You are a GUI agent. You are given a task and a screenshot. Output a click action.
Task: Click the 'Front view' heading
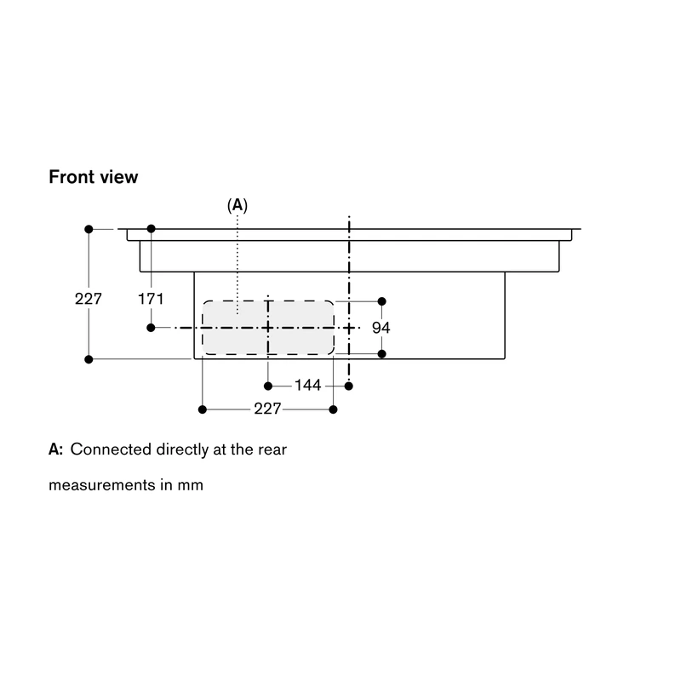tap(94, 177)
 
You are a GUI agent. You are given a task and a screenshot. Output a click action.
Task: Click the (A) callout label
tap(237, 205)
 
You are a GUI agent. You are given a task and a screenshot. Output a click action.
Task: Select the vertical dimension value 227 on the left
tap(89, 299)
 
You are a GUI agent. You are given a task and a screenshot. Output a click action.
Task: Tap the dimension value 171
tap(151, 299)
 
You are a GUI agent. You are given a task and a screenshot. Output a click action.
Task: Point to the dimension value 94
tap(381, 328)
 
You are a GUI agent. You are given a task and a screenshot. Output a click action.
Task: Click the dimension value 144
tap(308, 385)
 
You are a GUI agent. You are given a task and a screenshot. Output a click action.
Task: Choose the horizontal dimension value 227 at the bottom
tap(267, 409)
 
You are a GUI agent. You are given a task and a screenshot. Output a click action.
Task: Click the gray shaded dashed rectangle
tap(268, 328)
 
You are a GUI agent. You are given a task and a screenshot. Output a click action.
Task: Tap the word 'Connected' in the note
tap(111, 449)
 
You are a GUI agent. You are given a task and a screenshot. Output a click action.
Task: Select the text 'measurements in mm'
tap(126, 484)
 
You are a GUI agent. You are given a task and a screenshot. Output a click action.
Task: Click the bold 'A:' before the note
tap(55, 449)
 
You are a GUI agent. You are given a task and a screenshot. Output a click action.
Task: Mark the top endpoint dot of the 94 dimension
tap(381, 301)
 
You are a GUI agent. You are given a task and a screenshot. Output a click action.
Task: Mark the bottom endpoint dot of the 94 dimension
tap(381, 354)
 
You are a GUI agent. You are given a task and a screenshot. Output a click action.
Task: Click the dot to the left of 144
tap(268, 386)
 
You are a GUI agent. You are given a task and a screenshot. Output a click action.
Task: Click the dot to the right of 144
tap(349, 386)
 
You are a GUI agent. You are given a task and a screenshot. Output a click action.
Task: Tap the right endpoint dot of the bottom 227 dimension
tap(333, 409)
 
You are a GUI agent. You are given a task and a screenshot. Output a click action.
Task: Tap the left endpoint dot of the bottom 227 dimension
tap(203, 409)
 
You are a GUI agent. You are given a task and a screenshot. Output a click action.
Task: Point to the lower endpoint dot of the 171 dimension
tap(151, 328)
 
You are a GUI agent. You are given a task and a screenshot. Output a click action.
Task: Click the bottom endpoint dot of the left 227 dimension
tap(89, 359)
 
